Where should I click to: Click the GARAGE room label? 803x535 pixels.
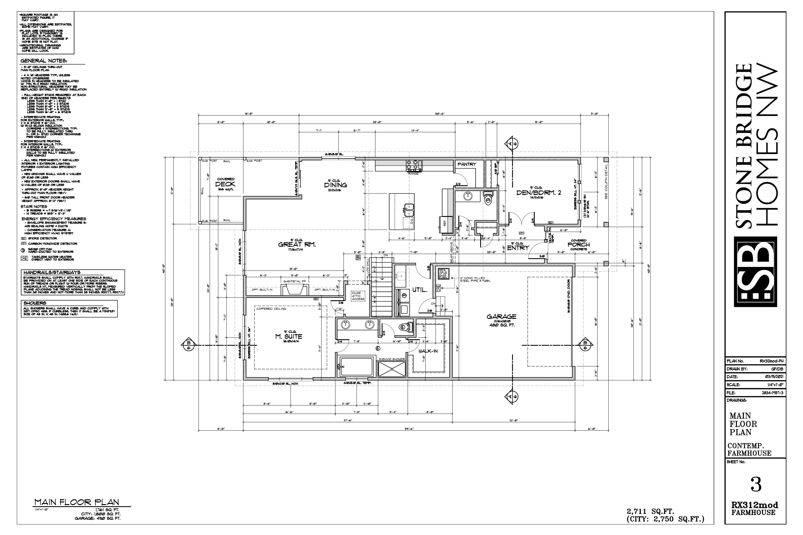(x=501, y=317)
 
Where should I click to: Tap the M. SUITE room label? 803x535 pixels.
(x=289, y=337)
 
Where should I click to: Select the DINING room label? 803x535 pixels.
(x=335, y=185)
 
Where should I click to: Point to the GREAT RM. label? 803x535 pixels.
(x=297, y=244)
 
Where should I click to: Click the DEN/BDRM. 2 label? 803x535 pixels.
(x=538, y=192)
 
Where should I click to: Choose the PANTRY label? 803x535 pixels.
(x=466, y=164)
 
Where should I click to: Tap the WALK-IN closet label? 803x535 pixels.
(x=428, y=351)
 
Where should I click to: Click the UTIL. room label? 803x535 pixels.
(x=420, y=290)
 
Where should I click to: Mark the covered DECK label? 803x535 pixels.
(x=225, y=184)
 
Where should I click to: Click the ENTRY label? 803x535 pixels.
(x=518, y=248)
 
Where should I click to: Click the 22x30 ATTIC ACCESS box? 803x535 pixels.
(x=358, y=296)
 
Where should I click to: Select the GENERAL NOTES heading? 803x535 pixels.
(x=43, y=61)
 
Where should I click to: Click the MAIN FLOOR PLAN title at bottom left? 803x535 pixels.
(x=77, y=502)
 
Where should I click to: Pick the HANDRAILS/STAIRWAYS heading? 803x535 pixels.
(x=52, y=272)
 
